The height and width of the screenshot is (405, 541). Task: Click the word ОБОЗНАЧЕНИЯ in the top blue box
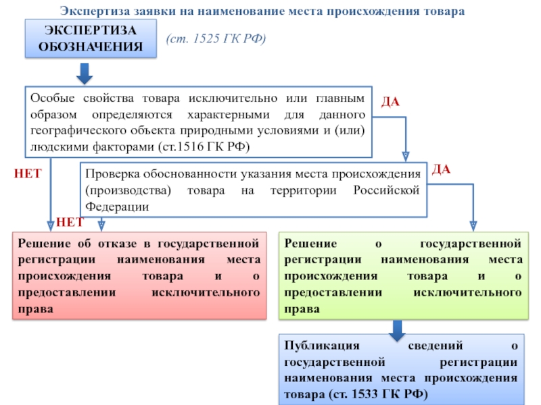pyautogui.click(x=91, y=47)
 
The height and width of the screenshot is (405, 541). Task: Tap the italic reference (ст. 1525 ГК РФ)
pyautogui.click(x=216, y=38)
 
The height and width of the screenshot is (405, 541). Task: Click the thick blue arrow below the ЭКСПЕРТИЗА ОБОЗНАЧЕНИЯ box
pyautogui.click(x=85, y=74)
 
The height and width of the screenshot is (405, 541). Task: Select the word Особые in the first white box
pyautogui.click(x=53, y=98)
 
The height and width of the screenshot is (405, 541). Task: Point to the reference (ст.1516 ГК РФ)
pyautogui.click(x=204, y=146)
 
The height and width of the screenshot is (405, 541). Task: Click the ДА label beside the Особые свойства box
pyautogui.click(x=391, y=102)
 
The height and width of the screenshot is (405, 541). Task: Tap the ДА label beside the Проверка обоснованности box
pyautogui.click(x=442, y=169)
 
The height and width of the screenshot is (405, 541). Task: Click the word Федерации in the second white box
pyautogui.click(x=117, y=207)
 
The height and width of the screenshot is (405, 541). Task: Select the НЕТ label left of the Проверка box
pyautogui.click(x=28, y=173)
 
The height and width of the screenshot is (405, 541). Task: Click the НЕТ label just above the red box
pyautogui.click(x=70, y=222)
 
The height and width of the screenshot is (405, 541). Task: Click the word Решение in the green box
pyautogui.click(x=310, y=244)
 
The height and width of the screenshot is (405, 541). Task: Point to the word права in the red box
pyautogui.click(x=36, y=309)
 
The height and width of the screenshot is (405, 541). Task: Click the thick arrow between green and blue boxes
pyautogui.click(x=397, y=331)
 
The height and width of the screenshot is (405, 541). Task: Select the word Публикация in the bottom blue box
pyautogui.click(x=322, y=346)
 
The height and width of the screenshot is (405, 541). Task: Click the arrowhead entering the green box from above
pyautogui.click(x=473, y=226)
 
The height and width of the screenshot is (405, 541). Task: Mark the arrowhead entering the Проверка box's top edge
pyautogui.click(x=406, y=157)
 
